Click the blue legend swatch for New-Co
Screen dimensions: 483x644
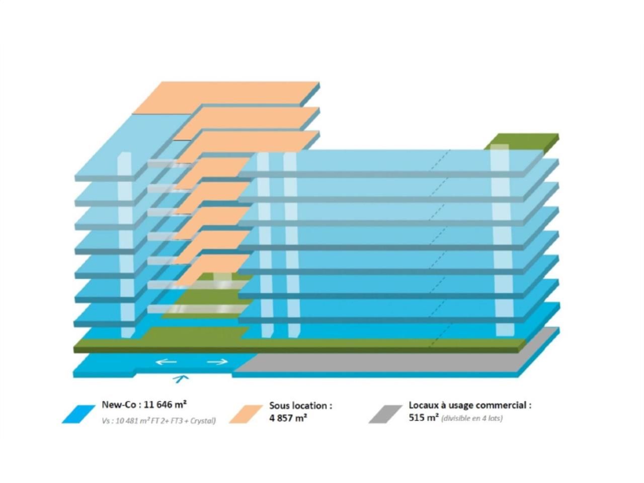tap(78, 414)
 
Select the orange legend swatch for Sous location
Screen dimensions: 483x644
tap(246, 414)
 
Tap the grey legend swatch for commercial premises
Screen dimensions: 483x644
tap(385, 414)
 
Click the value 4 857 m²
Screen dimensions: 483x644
tap(288, 418)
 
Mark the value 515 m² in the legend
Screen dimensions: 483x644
tap(423, 418)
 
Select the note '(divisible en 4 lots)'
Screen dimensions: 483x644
tap(471, 418)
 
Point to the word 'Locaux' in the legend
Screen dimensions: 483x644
tap(423, 405)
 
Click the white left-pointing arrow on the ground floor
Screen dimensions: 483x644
tap(166, 362)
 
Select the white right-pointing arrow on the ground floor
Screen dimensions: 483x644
tap(217, 362)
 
